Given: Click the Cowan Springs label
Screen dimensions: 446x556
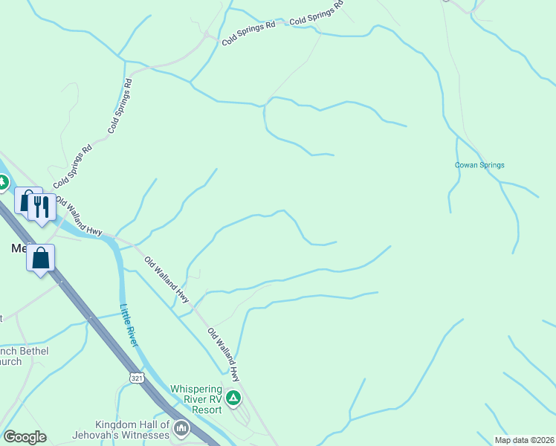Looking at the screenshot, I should (479, 165).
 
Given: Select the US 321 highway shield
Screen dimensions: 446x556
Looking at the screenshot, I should (135, 378).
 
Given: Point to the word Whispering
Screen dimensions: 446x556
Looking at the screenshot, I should (196, 389).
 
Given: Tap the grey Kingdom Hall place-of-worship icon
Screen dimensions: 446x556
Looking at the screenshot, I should (181, 429).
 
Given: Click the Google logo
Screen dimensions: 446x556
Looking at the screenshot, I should (25, 436).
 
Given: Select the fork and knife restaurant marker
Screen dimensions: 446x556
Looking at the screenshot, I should (42, 206).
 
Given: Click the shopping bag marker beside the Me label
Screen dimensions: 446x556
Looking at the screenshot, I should (41, 259).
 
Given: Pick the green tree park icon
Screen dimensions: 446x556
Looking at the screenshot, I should (2, 181).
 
